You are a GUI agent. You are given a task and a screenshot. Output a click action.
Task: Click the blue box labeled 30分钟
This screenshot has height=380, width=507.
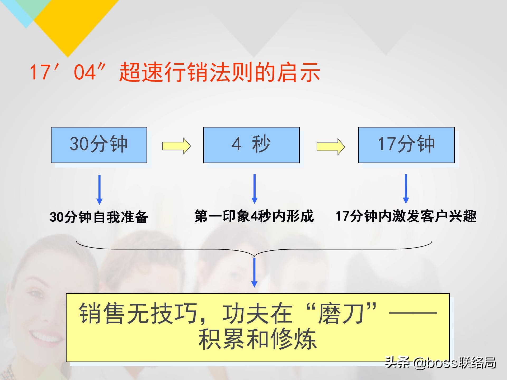coord(99,145)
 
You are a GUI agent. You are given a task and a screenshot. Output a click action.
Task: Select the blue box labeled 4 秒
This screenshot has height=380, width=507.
coord(251,145)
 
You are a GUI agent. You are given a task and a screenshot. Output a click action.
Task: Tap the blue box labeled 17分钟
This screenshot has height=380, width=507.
coord(406,145)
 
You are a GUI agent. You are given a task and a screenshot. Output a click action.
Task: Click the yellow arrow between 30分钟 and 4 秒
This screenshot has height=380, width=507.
coord(176,146)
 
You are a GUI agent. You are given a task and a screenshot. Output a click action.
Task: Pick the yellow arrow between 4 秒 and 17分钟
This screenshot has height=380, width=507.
coord(331,147)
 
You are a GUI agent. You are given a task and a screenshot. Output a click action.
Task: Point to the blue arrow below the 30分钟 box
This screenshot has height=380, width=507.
coord(100,189)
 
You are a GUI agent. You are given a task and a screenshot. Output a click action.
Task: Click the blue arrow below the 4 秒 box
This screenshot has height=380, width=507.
coord(255,188)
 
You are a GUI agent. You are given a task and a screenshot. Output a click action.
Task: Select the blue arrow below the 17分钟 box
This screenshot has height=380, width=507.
coord(406,188)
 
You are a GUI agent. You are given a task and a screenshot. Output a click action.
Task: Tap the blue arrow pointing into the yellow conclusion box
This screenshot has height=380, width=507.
coord(254,272)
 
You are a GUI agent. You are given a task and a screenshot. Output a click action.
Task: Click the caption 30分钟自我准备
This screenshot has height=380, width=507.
coord(99,217)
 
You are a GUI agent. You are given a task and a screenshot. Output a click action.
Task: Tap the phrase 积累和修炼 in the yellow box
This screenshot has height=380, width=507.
coord(257,339)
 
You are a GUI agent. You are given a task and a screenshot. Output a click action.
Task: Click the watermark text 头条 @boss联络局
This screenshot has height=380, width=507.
coord(440,363)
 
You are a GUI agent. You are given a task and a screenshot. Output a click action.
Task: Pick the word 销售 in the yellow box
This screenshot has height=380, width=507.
coord(102,313)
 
